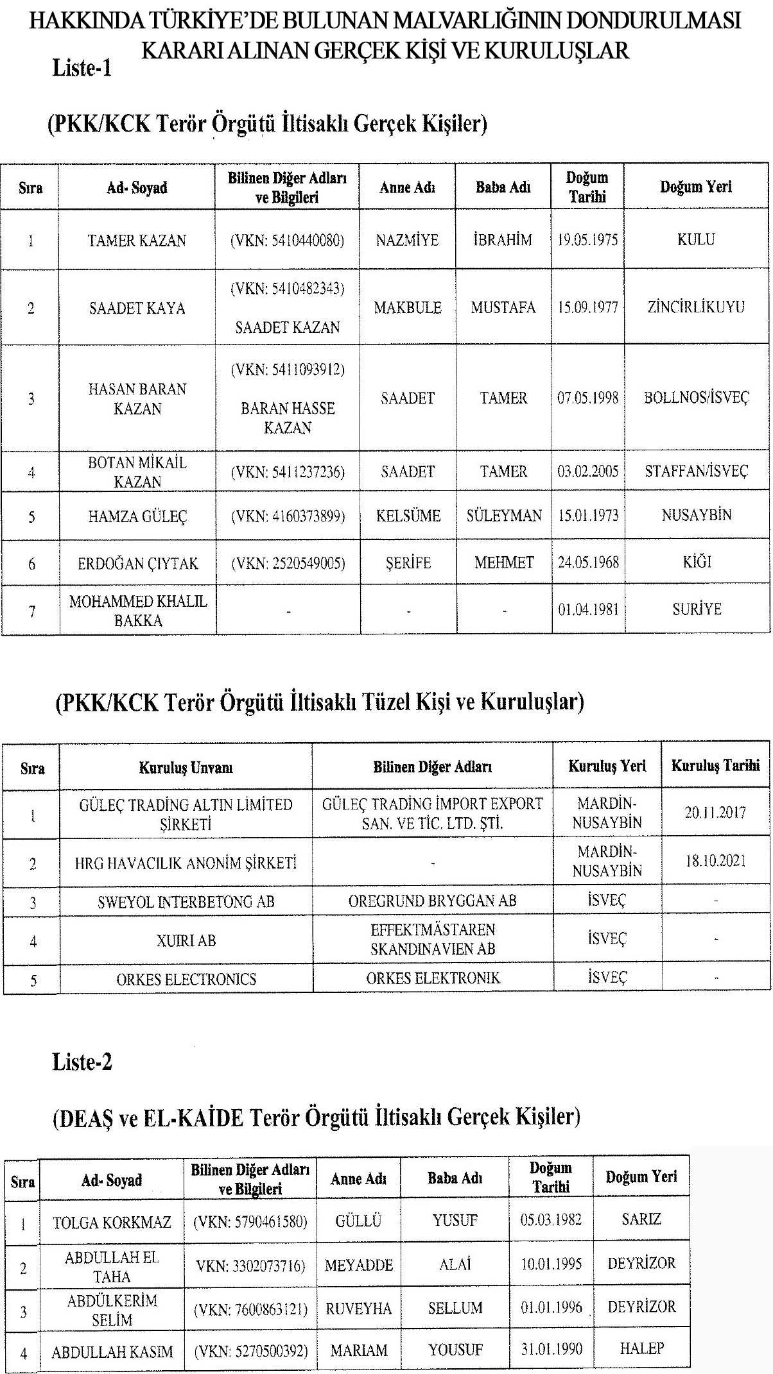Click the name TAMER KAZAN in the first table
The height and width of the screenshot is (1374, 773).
click(137, 241)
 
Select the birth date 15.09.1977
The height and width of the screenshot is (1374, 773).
click(587, 307)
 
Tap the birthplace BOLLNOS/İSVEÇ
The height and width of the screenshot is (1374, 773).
click(696, 398)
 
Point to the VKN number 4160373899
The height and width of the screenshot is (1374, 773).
click(288, 516)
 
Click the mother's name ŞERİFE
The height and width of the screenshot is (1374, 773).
click(408, 563)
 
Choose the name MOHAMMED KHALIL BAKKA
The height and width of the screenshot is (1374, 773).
click(137, 611)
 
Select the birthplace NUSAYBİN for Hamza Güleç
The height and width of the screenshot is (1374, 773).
click(696, 515)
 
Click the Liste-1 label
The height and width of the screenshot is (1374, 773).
click(82, 68)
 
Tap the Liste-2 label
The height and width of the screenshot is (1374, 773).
click(82, 1062)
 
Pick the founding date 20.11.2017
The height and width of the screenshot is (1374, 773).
click(715, 813)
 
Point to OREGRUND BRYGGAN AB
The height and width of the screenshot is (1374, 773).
click(432, 901)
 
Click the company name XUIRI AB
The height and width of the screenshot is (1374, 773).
click(186, 940)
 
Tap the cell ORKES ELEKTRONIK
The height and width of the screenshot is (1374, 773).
click(432, 978)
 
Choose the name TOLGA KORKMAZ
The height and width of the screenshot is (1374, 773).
click(112, 1222)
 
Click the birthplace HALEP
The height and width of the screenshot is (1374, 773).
click(641, 1348)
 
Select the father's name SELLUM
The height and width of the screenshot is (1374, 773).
click(455, 1307)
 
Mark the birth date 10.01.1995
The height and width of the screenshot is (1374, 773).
click(551, 1264)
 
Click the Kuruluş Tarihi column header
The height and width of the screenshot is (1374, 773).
click(715, 765)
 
